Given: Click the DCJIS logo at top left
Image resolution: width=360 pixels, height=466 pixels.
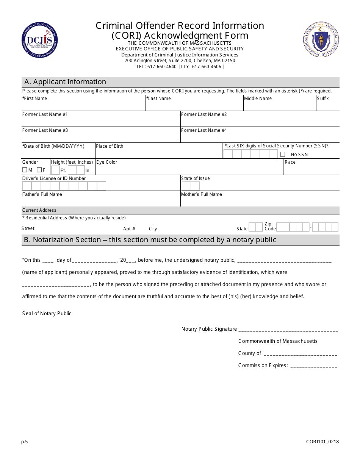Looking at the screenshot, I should [x=39, y=40].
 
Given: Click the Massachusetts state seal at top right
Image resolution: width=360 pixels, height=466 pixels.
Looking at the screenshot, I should [x=321, y=39].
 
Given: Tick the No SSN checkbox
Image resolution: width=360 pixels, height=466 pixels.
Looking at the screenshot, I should [x=283, y=154].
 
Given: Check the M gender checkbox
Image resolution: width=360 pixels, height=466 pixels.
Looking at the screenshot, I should [x=25, y=170].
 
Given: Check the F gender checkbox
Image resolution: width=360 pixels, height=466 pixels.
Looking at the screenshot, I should [x=39, y=170].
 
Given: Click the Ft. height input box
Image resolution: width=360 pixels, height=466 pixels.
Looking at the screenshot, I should [x=55, y=170].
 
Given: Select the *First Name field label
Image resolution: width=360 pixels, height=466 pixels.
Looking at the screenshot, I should [x=34, y=99].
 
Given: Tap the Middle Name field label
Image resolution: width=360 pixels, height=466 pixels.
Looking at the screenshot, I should [x=258, y=99].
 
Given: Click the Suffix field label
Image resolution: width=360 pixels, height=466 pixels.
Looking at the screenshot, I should [x=323, y=99].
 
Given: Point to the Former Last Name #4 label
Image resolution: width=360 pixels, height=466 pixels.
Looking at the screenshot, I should [x=204, y=130].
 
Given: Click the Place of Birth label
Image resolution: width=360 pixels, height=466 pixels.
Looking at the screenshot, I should [x=110, y=146].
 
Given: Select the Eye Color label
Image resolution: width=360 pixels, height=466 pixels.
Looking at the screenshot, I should [x=107, y=162].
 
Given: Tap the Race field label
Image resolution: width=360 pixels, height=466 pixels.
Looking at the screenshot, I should [x=290, y=162].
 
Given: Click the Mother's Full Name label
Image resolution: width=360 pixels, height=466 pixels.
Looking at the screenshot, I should [x=202, y=194].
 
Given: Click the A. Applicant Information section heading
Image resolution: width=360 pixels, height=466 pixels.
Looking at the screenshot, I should [x=65, y=82].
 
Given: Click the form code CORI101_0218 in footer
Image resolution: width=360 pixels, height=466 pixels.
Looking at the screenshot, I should [x=322, y=441].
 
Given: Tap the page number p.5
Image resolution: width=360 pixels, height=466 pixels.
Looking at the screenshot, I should [x=25, y=441].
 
